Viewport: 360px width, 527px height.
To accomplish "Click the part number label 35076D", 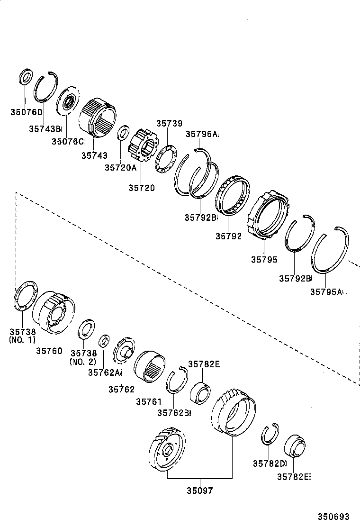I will click(27, 112).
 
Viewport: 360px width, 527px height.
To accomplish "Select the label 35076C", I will click(68, 141).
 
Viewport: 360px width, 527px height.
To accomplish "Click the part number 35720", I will click(141, 188).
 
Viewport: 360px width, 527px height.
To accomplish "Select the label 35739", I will click(169, 123).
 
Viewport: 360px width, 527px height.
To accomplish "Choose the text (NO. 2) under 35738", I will click(83, 362).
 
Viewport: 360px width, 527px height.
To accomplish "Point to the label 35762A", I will click(105, 373).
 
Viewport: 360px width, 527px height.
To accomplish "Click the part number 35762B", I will click(174, 413).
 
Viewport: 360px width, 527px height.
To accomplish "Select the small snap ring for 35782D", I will click(270, 433).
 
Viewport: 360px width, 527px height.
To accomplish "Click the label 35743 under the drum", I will click(94, 155).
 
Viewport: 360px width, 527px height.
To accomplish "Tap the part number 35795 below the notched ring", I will click(264, 260).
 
